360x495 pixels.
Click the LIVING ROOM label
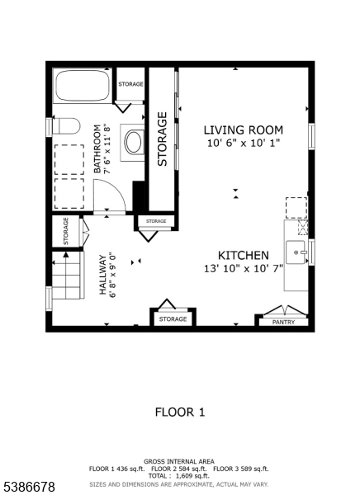click(244, 130)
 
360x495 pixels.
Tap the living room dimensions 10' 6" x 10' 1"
click(244, 144)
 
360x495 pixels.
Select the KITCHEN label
click(243, 255)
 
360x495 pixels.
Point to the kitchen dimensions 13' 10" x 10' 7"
click(243, 269)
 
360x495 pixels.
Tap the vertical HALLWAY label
click(103, 275)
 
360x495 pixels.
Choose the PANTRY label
click(283, 322)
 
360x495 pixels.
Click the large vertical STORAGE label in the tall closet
click(163, 143)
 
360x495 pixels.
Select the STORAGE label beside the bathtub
click(130, 85)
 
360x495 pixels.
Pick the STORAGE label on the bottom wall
click(173, 318)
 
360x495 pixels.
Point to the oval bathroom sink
click(132, 141)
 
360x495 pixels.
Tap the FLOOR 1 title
click(179, 412)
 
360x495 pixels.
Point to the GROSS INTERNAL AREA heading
click(179, 461)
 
